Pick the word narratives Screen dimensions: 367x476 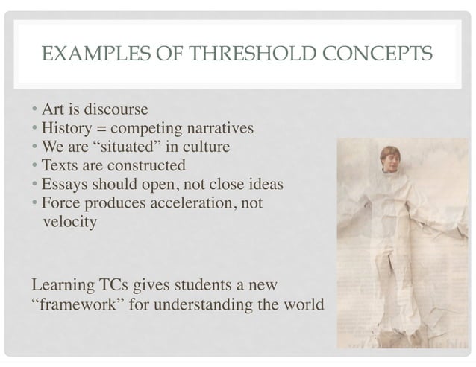222,128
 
